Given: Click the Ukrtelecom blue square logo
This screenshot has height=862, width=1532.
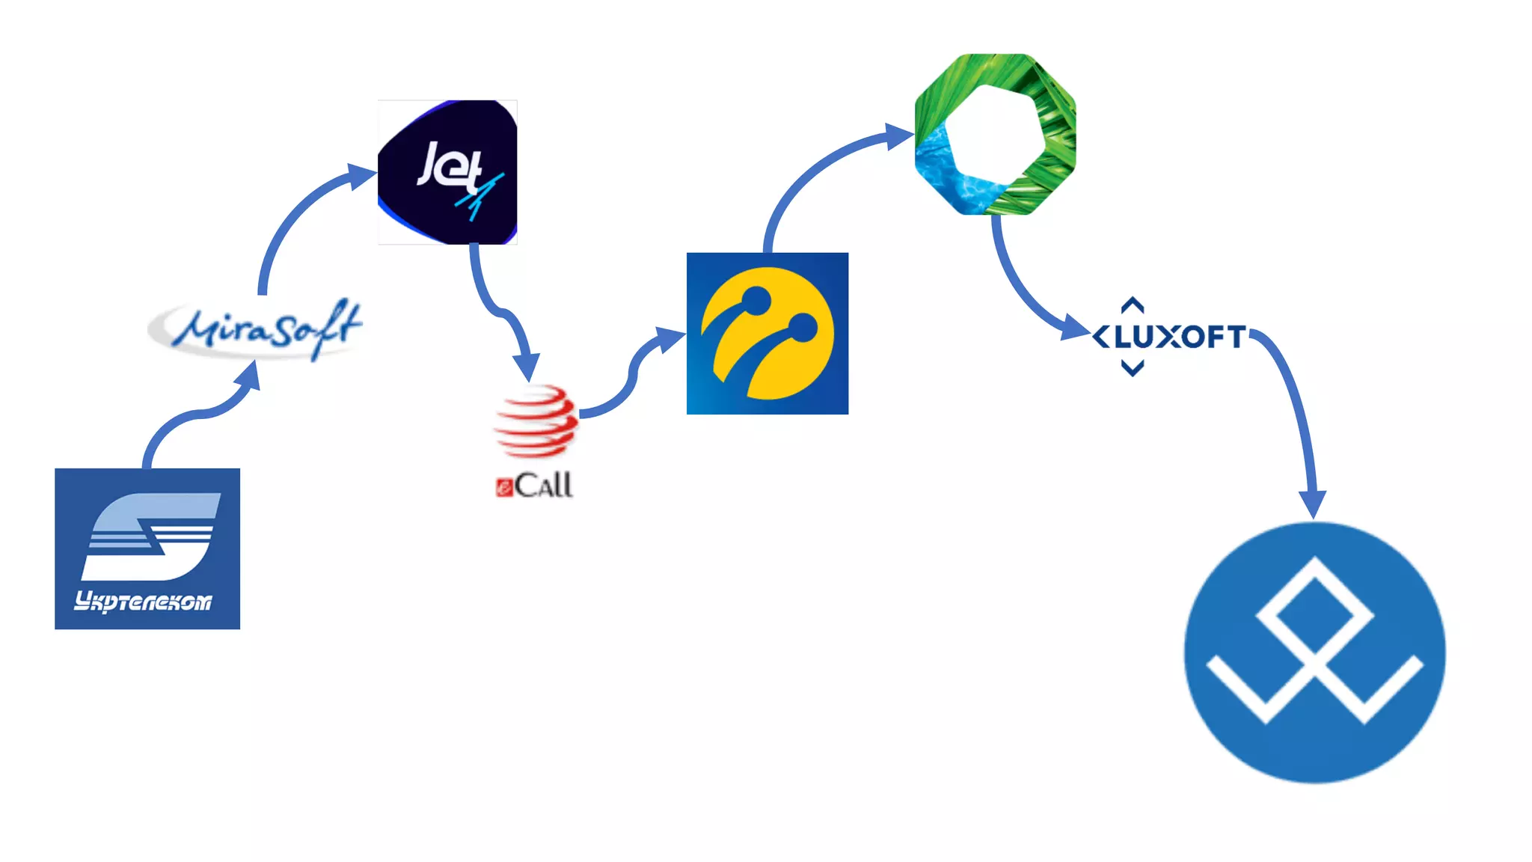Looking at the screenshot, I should [x=147, y=548].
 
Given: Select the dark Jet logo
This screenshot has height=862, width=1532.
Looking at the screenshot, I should [x=447, y=172].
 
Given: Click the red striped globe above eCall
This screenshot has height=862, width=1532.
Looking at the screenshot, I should [x=536, y=421].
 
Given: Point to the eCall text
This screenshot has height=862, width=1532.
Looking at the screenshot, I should [x=535, y=486].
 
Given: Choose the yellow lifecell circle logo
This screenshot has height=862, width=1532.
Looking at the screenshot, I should [x=767, y=334].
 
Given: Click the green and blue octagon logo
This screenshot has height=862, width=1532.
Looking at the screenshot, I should [x=995, y=135].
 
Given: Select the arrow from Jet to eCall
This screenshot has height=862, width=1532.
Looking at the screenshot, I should [x=494, y=307].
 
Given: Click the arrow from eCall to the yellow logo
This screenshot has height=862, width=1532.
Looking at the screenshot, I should [x=632, y=374].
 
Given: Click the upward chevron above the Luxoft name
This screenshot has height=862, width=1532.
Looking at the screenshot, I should [x=1133, y=305].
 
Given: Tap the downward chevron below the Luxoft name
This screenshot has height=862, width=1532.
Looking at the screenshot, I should [x=1133, y=368].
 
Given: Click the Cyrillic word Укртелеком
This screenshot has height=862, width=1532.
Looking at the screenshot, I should [x=143, y=602].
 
